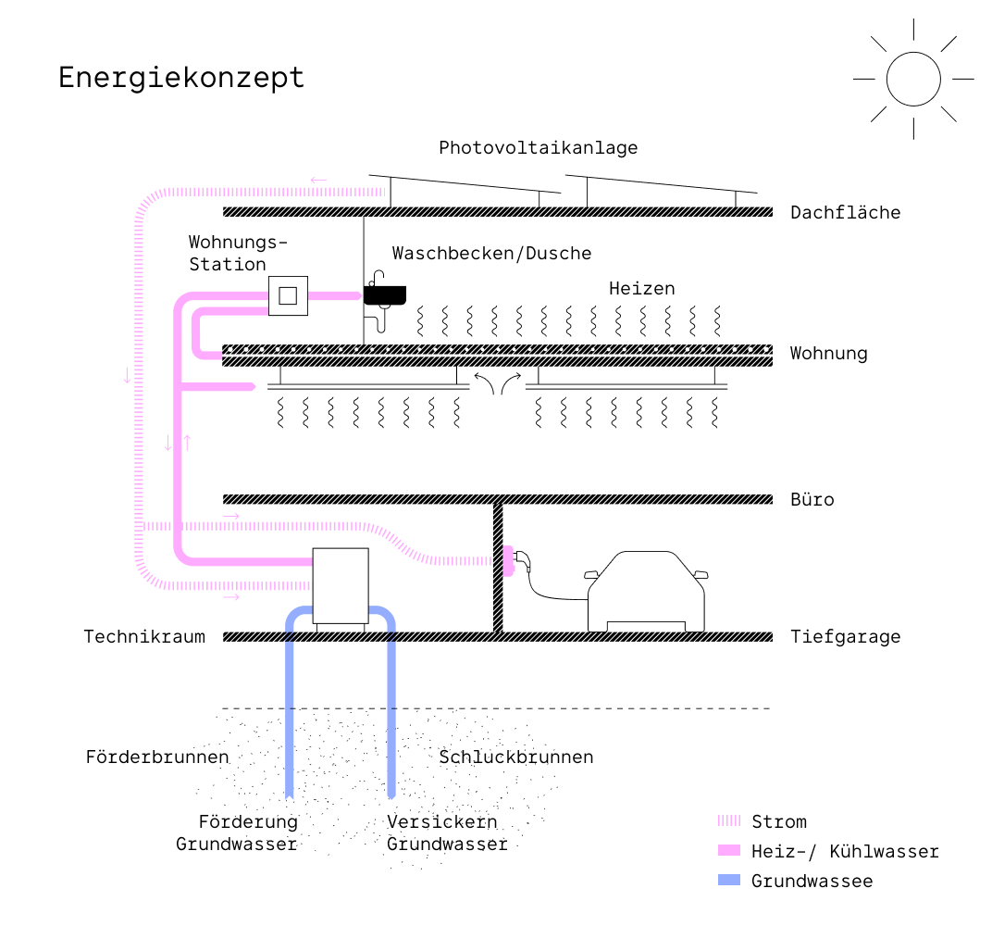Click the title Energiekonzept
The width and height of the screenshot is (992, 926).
pos(181,78)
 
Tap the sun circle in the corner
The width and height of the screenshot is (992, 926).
pos(913,79)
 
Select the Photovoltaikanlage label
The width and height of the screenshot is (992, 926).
pos(538,148)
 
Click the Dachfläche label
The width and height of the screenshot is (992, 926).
pos(845,213)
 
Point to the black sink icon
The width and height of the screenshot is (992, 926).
pos(386,294)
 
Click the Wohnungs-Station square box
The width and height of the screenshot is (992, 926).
pos(288,296)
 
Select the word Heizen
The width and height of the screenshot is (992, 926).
pos(641,289)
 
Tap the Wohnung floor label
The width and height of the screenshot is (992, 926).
pos(828,354)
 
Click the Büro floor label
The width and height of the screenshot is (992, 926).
pos(812,500)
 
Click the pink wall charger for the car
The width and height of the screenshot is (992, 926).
pos(507,560)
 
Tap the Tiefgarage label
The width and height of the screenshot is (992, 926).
pos(845,637)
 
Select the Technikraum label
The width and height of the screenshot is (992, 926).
pos(144,637)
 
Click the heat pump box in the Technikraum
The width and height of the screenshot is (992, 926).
pos(341,585)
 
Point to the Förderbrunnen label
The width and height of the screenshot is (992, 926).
pos(156,757)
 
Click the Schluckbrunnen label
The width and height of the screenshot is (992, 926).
pos(515,757)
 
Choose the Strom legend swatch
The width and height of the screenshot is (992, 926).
pos(730,821)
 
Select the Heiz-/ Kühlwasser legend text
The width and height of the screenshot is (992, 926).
pos(845,852)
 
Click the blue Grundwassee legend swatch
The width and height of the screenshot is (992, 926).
pos(730,881)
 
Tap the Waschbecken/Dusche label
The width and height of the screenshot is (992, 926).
pos(491,254)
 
